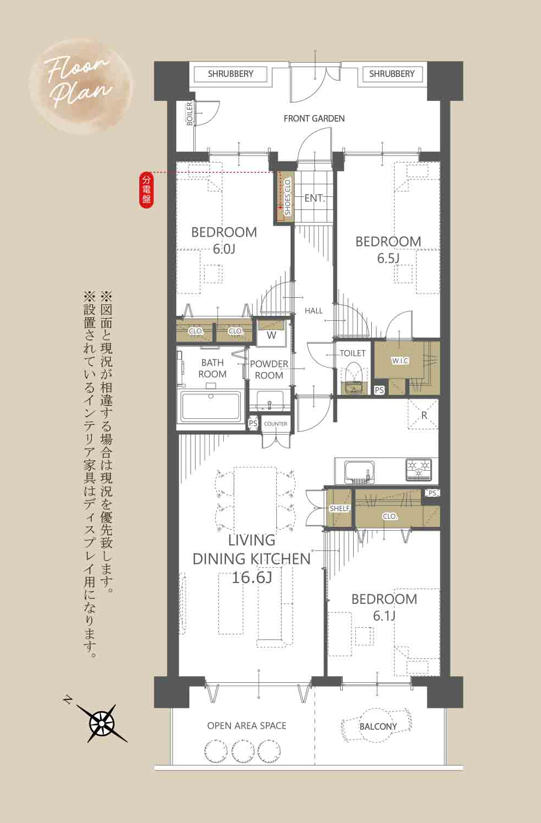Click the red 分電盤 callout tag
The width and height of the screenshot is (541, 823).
coord(146,190)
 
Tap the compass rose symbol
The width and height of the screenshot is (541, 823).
coord(102,723)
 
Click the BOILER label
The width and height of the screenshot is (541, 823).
coord(189,114)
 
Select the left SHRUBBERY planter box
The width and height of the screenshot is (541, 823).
coord(230,74)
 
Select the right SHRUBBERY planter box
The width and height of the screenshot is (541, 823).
coord(391,74)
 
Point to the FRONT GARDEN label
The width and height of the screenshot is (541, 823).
coord(314,119)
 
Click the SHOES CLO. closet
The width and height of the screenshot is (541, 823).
coord(284,197)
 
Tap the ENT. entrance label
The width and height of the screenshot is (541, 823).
coord(314,199)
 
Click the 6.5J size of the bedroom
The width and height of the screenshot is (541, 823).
coord(388,259)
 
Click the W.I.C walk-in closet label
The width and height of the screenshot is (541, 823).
coord(400,361)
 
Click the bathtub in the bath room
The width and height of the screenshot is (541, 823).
coord(210,406)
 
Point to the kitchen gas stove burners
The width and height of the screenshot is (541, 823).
coord(419,469)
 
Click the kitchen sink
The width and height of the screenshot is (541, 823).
coord(359,472)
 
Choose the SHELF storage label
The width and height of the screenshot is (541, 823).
coord(340,508)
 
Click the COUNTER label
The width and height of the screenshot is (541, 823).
coord(276,424)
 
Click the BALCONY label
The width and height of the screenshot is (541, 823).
coord(378,726)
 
